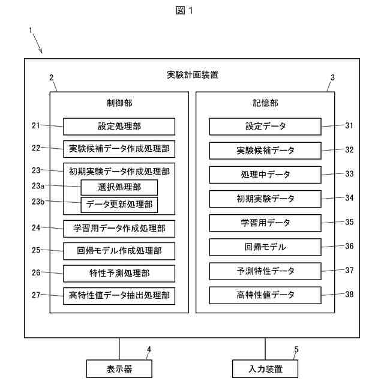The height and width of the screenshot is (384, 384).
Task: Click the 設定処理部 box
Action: (119, 126)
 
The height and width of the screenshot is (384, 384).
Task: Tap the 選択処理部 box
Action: (119, 187)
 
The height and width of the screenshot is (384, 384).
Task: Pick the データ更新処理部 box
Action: (119, 205)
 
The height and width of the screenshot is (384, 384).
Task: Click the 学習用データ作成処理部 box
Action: (119, 228)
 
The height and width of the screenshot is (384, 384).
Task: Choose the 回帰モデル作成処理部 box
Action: (119, 250)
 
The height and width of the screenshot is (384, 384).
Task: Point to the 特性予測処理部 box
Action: (119, 273)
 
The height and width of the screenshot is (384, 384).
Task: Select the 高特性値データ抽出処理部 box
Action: (119, 295)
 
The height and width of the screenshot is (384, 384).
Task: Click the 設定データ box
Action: (265, 126)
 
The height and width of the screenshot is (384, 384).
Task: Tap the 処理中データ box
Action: (265, 175)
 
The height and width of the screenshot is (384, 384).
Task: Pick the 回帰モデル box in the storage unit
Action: (265, 247)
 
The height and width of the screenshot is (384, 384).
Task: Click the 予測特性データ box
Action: (265, 271)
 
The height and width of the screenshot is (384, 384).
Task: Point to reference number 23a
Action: (40, 187)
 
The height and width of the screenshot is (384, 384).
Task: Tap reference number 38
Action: (349, 295)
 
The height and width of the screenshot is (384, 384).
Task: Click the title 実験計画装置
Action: (192, 75)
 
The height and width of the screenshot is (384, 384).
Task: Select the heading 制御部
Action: (119, 103)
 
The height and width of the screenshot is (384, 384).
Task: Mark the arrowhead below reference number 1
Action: (41, 52)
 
